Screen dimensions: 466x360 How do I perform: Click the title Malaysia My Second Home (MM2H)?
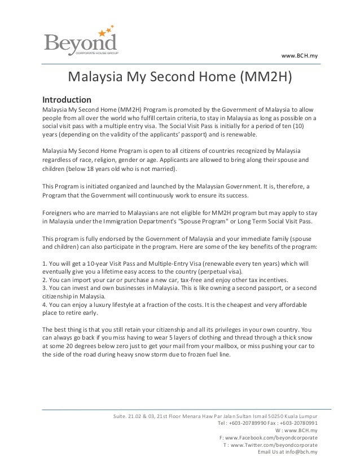(181, 76)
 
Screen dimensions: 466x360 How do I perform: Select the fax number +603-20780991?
(300, 423)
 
